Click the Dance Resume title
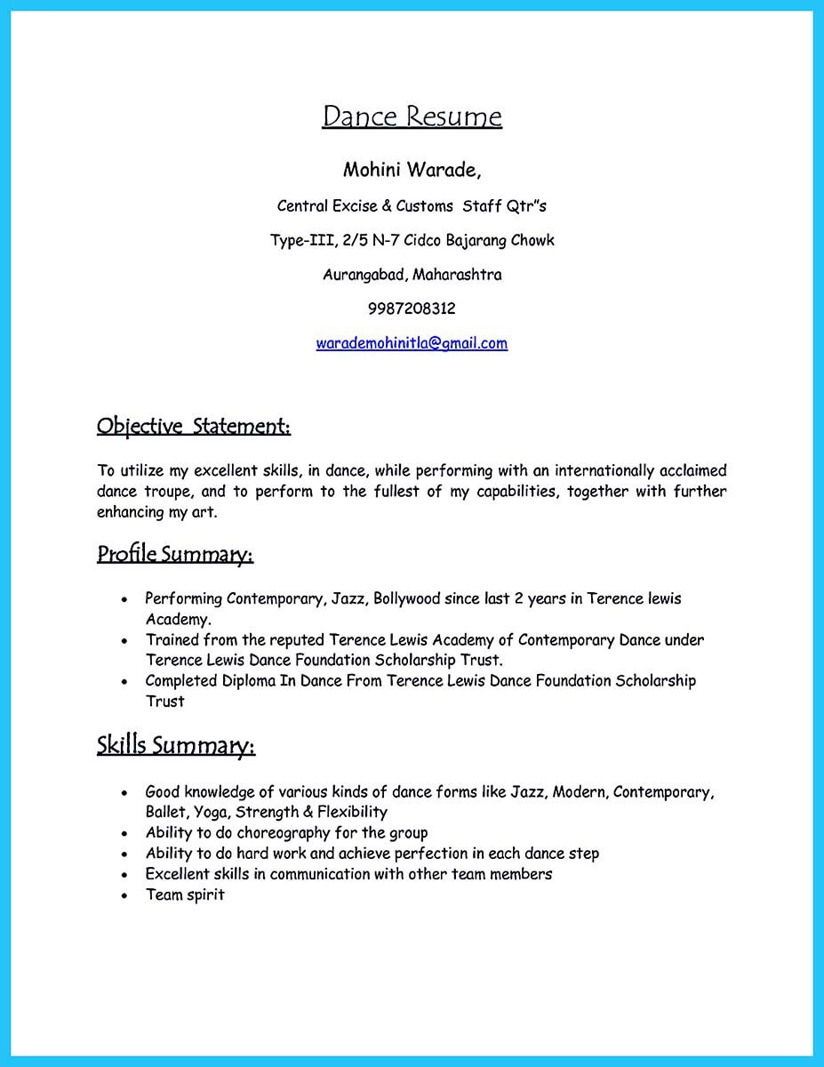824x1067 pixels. (412, 116)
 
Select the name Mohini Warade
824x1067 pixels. (412, 169)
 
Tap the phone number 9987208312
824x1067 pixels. (412, 309)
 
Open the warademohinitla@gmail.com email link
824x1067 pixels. (412, 343)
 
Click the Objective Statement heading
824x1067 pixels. (194, 426)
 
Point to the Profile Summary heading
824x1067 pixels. (175, 555)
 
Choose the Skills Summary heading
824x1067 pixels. (176, 744)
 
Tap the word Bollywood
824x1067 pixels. (407, 598)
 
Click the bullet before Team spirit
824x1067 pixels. (125, 895)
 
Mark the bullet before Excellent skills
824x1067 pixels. (125, 875)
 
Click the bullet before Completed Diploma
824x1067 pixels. (125, 682)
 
